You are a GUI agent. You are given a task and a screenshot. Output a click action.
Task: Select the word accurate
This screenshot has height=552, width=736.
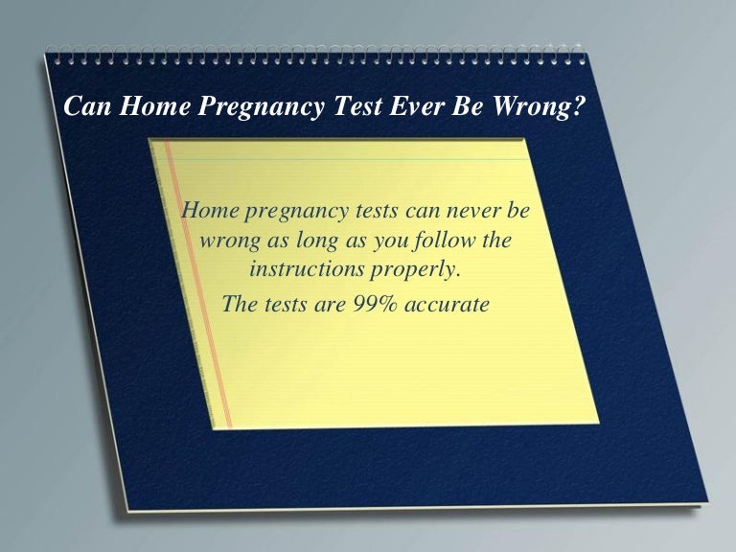[x=449, y=306]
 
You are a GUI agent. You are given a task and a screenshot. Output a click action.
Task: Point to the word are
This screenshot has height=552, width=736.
[x=321, y=306]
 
